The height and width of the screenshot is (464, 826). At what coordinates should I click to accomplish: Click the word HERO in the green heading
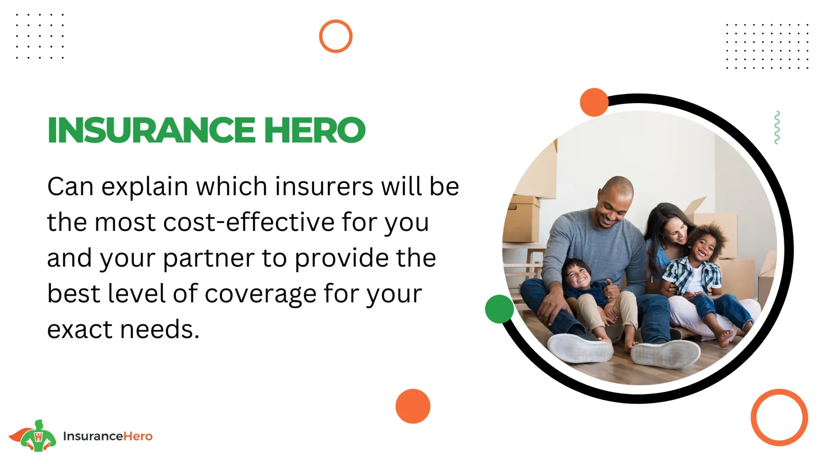[315, 130]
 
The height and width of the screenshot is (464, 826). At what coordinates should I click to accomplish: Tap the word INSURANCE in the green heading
[151, 130]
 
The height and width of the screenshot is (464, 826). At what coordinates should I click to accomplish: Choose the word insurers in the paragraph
[324, 186]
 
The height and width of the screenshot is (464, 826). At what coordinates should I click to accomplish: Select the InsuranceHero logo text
[108, 436]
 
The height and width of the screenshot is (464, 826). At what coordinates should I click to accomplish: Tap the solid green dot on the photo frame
[499, 309]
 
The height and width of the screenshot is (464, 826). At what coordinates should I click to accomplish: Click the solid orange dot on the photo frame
[594, 102]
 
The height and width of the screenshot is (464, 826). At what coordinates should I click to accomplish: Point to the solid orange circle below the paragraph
[413, 406]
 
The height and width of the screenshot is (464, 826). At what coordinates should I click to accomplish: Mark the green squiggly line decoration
[777, 127]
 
